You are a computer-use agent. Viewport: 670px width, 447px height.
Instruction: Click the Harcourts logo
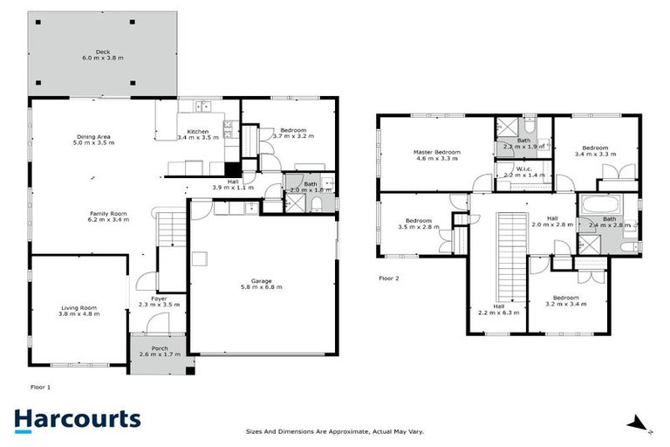click(78, 419)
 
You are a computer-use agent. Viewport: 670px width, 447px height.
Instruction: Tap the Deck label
click(102, 55)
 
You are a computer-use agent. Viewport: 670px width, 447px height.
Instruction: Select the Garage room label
click(262, 284)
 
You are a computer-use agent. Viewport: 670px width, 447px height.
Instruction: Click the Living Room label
click(79, 310)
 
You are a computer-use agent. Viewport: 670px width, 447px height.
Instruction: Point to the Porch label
click(159, 352)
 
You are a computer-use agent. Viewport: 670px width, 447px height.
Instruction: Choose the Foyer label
click(159, 302)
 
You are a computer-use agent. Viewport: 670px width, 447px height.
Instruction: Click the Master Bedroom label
click(436, 155)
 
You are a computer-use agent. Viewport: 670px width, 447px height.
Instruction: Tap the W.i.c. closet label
click(523, 172)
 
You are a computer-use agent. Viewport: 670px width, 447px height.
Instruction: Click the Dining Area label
click(93, 140)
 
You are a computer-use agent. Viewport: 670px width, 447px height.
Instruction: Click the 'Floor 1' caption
click(41, 384)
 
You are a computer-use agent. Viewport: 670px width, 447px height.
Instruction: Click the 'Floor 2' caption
click(389, 279)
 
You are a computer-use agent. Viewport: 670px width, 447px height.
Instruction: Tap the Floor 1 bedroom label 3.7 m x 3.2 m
click(289, 134)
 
